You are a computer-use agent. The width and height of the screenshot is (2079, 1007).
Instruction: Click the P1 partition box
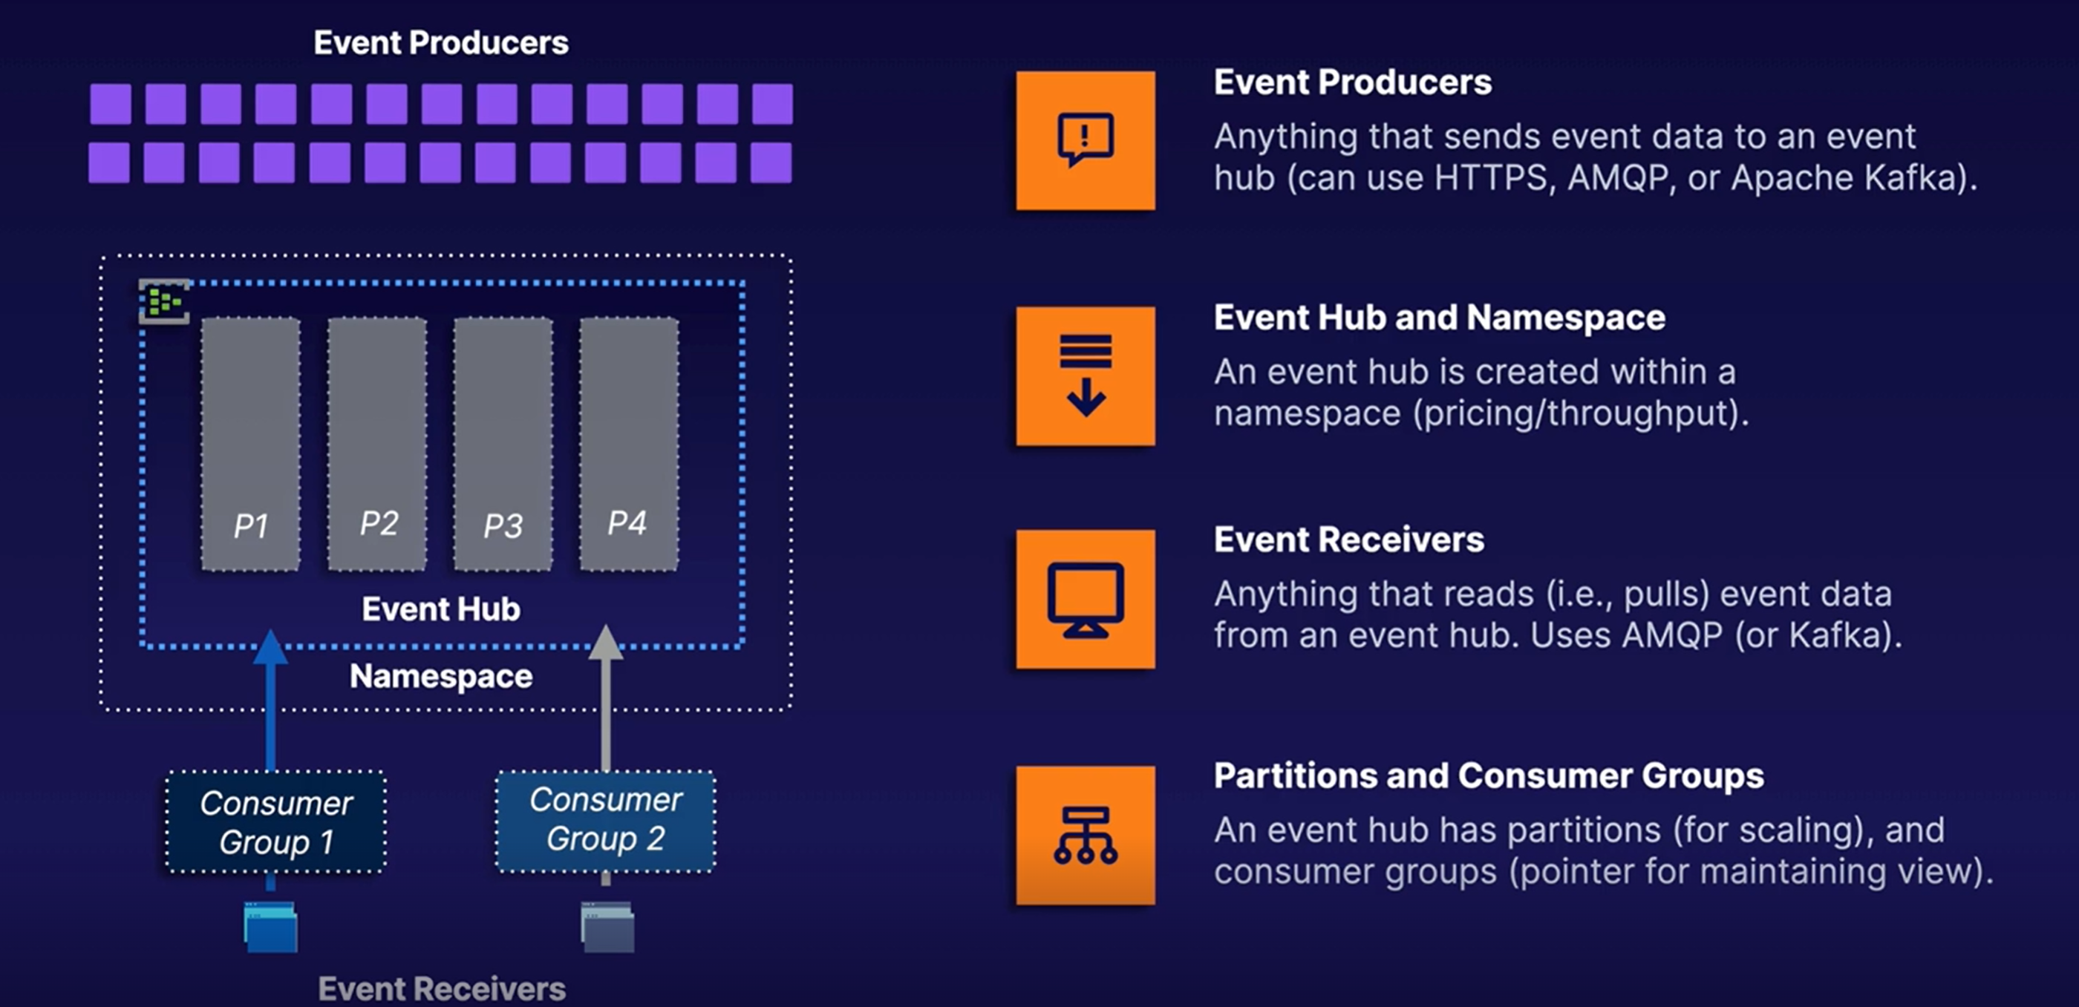click(250, 444)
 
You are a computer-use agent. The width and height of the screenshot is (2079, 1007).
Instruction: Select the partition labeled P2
click(377, 444)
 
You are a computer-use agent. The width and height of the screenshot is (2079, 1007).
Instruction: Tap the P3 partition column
click(503, 444)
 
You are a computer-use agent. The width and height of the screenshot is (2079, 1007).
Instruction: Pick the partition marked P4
click(629, 444)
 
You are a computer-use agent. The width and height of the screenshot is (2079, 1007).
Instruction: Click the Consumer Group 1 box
click(276, 821)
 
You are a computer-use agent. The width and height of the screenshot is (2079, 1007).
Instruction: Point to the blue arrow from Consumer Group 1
click(270, 701)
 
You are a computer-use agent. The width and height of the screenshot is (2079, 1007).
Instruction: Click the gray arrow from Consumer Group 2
click(605, 699)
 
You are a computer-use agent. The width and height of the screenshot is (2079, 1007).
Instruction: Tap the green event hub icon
click(164, 302)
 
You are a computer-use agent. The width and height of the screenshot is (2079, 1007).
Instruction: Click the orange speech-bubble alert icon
click(1086, 140)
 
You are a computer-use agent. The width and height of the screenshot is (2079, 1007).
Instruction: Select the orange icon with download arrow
click(1086, 376)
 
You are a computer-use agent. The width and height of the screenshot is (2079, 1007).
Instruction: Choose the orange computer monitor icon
click(1086, 600)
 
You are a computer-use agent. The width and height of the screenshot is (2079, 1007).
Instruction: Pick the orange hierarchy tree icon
click(1086, 835)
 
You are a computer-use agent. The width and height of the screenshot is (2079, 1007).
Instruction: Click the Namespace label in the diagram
click(440, 676)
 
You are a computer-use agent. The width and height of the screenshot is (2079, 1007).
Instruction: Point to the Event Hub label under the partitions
click(440, 609)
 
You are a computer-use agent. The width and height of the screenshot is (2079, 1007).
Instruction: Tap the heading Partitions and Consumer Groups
click(1488, 775)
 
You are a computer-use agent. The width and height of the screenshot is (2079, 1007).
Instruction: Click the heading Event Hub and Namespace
click(1439, 317)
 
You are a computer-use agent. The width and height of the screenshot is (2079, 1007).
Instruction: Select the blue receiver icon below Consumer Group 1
click(270, 927)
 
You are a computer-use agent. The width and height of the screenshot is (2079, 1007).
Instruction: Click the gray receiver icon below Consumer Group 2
click(607, 927)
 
